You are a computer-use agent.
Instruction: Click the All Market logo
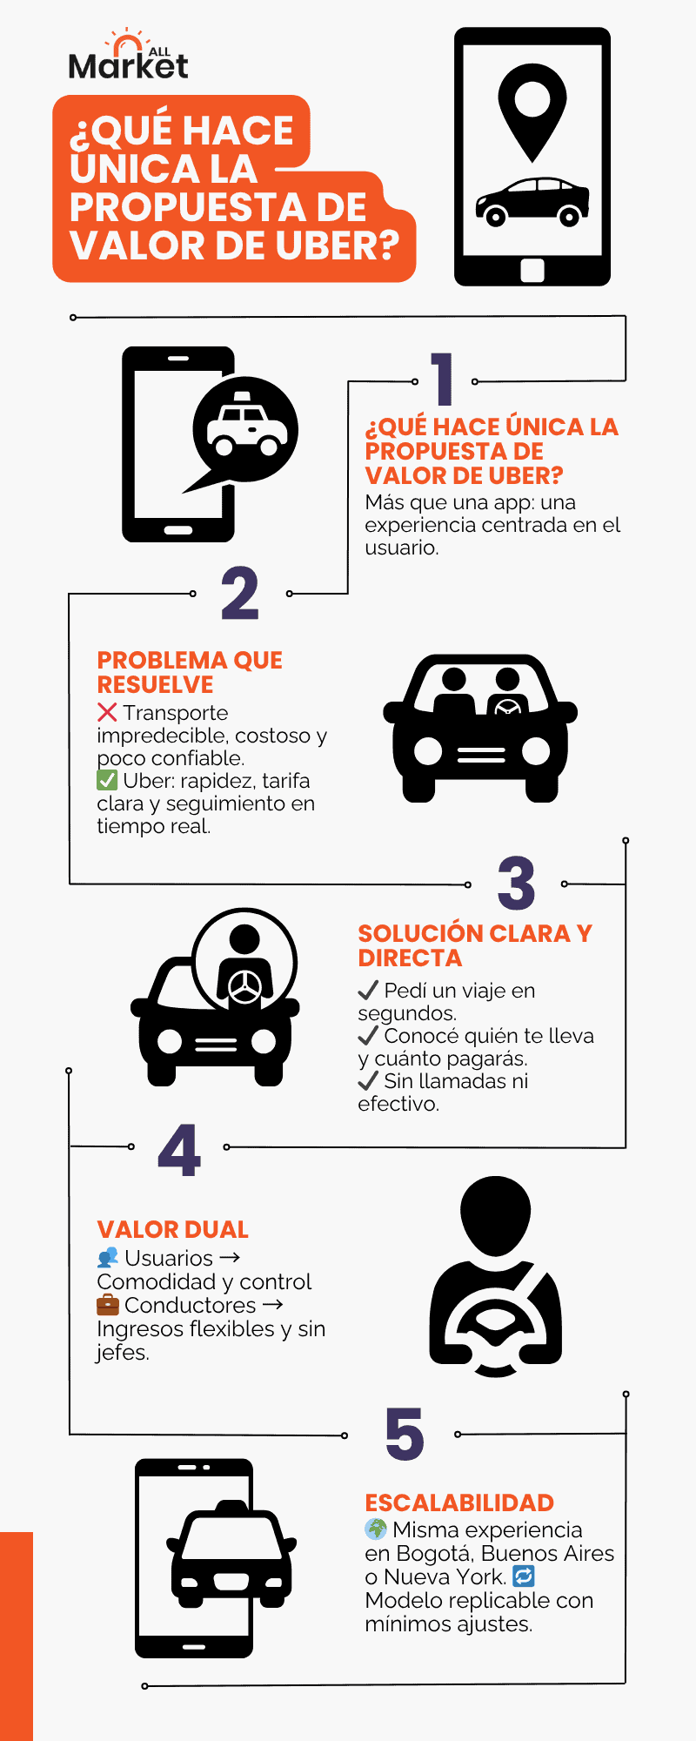128,57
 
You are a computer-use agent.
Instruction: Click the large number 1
443,379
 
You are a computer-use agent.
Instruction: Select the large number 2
239,594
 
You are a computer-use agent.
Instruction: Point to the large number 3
516,883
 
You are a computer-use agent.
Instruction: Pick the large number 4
179,1149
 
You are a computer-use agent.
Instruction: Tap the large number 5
405,1434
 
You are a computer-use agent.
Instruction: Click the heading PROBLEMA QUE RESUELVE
190,672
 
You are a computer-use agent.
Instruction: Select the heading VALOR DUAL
172,1229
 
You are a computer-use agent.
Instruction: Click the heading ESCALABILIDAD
459,1502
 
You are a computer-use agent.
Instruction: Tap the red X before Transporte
107,712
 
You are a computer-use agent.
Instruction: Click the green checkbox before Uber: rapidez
107,780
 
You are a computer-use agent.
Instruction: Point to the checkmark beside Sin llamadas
368,1081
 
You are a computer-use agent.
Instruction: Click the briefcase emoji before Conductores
108,1305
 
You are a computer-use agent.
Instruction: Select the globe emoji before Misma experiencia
376,1529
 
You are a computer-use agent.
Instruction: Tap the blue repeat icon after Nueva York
524,1576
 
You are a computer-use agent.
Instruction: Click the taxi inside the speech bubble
246,427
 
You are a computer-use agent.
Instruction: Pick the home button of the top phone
532,270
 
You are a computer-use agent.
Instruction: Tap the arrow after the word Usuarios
231,1257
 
